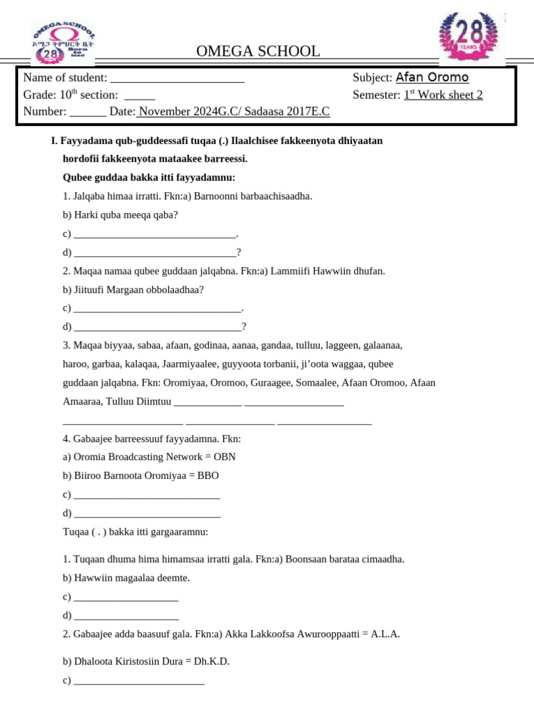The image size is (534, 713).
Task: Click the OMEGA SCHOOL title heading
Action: tap(258, 51)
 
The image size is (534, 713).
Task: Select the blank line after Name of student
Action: tap(177, 79)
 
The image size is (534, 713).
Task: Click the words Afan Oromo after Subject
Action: tap(432, 78)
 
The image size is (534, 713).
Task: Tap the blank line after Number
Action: tap(88, 112)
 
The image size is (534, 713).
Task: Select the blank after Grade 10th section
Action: tap(139, 96)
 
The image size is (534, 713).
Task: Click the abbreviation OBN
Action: tap(225, 457)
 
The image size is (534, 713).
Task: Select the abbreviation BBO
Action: tap(208, 476)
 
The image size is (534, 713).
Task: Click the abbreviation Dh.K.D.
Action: tap(213, 661)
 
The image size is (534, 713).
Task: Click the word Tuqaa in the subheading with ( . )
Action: tap(76, 532)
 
